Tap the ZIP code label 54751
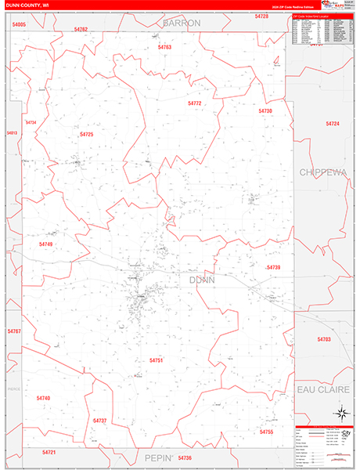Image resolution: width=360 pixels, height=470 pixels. tap(156, 360)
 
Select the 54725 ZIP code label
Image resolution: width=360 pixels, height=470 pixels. tap(86, 135)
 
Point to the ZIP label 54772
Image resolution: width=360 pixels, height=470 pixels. tap(195, 103)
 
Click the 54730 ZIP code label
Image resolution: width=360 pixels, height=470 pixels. tap(265, 111)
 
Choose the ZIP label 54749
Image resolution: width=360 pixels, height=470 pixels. tap(45, 244)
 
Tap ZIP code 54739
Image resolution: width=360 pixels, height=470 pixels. tap(273, 267)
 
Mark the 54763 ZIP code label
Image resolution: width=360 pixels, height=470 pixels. tap(164, 48)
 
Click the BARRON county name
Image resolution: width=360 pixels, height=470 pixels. tap(182, 23)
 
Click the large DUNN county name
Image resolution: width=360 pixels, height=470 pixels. tap(201, 279)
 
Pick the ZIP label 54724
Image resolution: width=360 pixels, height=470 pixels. tap(333, 124)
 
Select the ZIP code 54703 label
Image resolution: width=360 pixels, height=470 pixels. tap(324, 339)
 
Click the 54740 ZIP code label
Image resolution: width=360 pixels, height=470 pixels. tap(43, 398)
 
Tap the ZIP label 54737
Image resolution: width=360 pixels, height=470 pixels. tap(99, 421)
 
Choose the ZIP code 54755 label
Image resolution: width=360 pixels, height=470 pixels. tap(266, 432)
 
